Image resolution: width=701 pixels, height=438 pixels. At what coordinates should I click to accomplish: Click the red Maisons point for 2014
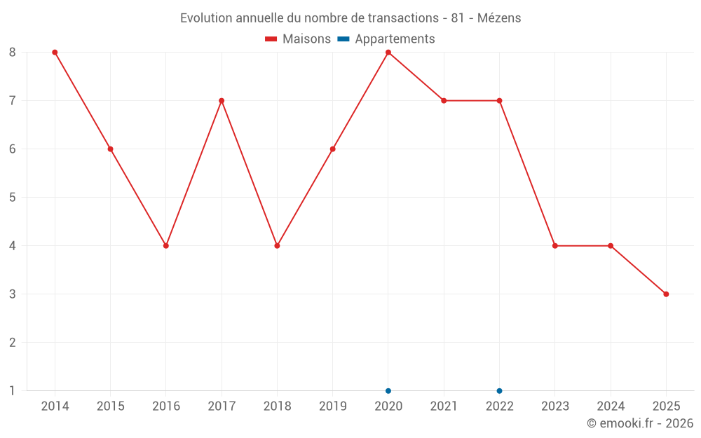coord(55,53)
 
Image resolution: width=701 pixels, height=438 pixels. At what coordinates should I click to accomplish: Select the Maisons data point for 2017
coord(222,101)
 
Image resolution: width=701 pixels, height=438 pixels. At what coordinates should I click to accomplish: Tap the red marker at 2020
coord(388,53)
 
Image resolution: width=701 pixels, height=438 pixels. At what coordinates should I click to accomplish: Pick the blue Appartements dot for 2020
coord(388,391)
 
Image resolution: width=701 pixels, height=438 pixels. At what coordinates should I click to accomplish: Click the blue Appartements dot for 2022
coord(499,391)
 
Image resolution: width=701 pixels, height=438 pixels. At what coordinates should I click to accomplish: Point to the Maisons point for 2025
coord(666,294)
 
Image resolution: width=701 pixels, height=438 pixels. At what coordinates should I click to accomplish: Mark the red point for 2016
coord(166,246)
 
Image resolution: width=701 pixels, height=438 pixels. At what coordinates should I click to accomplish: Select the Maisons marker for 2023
coord(555,246)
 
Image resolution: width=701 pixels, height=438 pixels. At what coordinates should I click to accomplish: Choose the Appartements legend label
coord(395,39)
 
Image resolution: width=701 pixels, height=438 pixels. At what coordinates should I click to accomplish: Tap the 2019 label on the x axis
coord(332,406)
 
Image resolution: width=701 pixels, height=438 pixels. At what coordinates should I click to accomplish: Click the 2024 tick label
coord(611,406)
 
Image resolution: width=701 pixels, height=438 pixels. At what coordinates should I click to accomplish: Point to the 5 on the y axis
coord(13,198)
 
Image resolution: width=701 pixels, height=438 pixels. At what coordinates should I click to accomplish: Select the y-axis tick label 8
coord(13,53)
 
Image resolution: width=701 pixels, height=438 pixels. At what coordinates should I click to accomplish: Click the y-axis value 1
coord(13,391)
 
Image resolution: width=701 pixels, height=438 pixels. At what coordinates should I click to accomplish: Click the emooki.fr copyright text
coord(640,423)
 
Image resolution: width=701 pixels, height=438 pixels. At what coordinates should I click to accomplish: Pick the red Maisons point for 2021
coord(444,101)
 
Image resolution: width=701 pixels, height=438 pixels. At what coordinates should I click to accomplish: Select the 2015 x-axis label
coord(110,406)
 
